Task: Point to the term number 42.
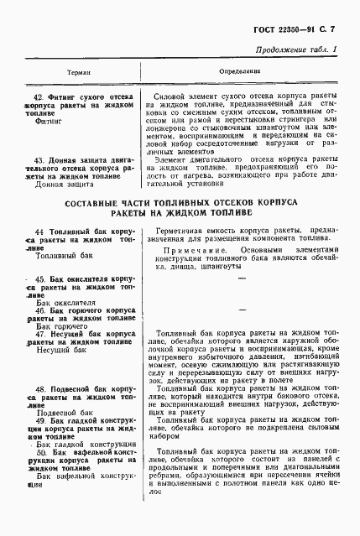[39, 97]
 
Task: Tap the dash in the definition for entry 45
[242, 286]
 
